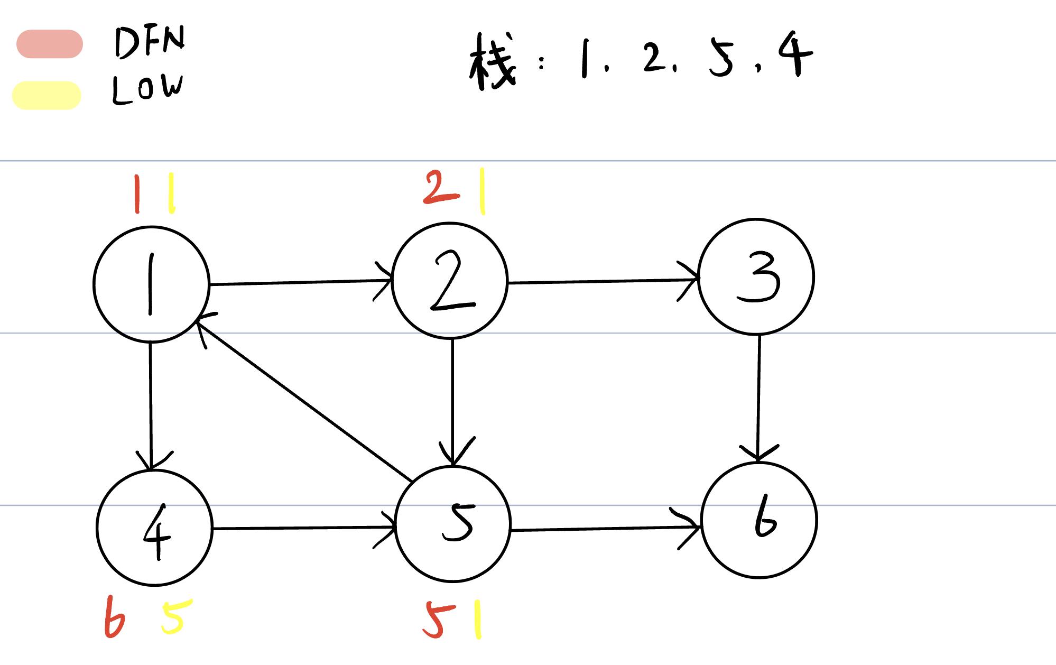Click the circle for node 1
click(151, 284)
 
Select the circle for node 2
click(450, 281)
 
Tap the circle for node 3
click(756, 277)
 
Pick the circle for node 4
click(154, 528)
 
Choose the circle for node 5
click(453, 524)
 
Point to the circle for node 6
click(759, 520)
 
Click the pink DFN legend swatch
click(50, 44)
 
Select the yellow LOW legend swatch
click(47, 96)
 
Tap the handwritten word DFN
click(150, 42)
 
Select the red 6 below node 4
click(114, 617)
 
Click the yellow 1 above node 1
click(171, 194)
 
